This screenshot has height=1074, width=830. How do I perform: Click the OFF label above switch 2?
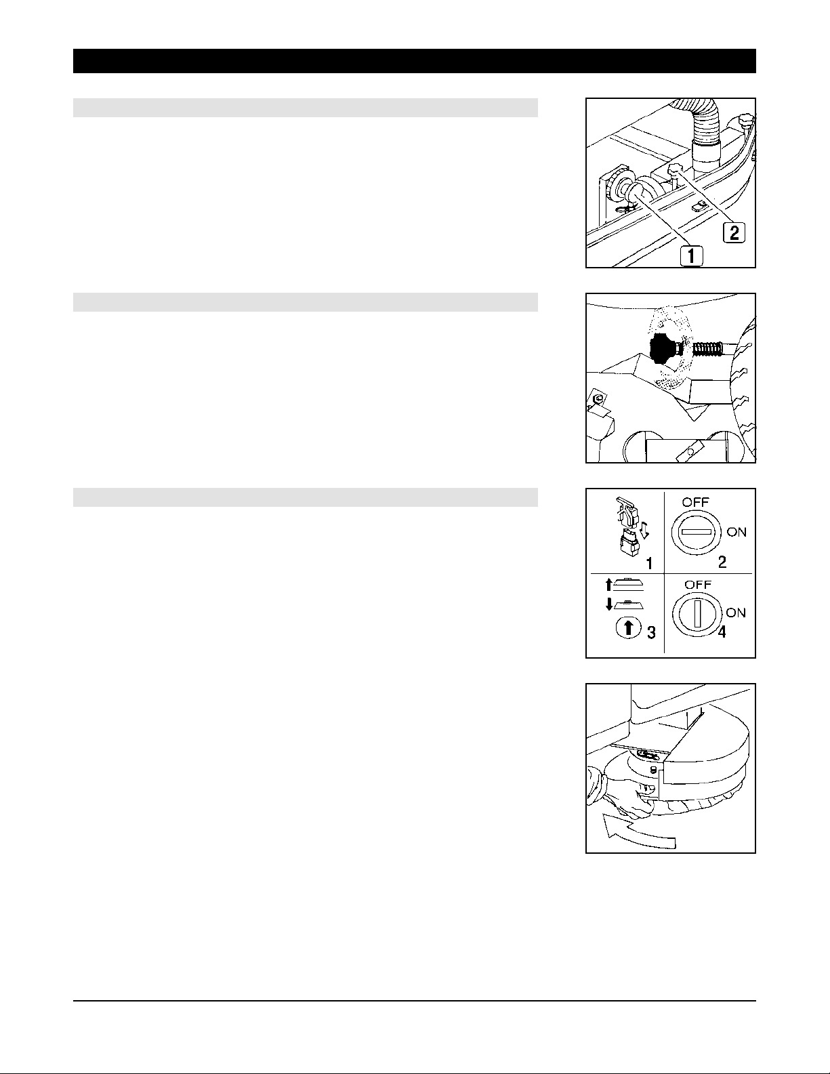coord(695,502)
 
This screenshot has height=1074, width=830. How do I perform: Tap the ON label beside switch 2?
coord(736,533)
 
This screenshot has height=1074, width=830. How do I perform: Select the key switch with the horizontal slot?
coord(695,533)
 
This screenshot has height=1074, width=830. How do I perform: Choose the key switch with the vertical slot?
coord(697,613)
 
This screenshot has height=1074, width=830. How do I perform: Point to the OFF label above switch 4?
coord(698,584)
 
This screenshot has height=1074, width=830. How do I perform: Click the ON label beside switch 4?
coord(736,613)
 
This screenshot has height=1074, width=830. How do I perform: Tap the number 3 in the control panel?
coord(651,632)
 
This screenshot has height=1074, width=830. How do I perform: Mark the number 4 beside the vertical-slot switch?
coord(722,632)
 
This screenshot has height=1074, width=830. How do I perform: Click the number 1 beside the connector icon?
coord(649,563)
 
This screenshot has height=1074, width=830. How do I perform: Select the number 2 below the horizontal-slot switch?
coord(722,562)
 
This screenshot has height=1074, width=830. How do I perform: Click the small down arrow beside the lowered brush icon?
coord(609,604)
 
